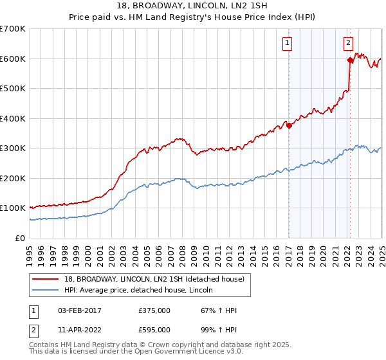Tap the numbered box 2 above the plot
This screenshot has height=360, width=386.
347,44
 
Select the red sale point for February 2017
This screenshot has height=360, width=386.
289,126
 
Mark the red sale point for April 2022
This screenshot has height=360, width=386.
350,60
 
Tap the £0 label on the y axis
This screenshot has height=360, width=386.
19,238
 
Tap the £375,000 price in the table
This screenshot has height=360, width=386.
154,310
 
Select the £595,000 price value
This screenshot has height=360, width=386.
154,332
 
